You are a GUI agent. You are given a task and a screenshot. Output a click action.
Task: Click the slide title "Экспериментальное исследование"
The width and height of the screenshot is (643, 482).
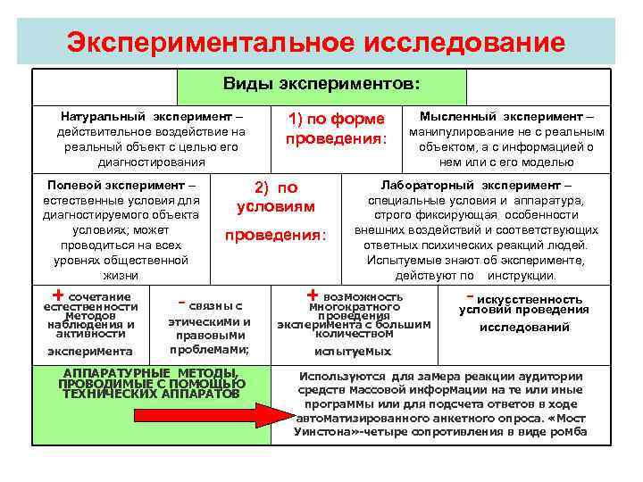pyautogui.click(x=316, y=42)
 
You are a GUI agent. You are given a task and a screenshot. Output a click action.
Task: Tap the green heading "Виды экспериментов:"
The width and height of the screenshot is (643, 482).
pyautogui.click(x=321, y=86)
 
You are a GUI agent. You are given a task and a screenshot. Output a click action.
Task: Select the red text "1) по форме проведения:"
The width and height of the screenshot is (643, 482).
pyautogui.click(x=335, y=129)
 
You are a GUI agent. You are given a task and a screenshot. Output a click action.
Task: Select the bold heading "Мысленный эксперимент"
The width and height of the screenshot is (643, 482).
pyautogui.click(x=502, y=116)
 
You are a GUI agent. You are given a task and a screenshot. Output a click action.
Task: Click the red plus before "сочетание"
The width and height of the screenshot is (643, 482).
pyautogui.click(x=58, y=295)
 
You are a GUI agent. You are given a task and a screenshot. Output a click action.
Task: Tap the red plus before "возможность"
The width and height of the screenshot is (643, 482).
pyautogui.click(x=313, y=295)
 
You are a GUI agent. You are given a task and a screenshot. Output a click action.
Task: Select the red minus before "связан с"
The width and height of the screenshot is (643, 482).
pyautogui.click(x=183, y=300)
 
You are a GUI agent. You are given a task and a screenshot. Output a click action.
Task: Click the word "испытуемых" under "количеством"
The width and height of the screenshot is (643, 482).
pyautogui.click(x=354, y=351)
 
